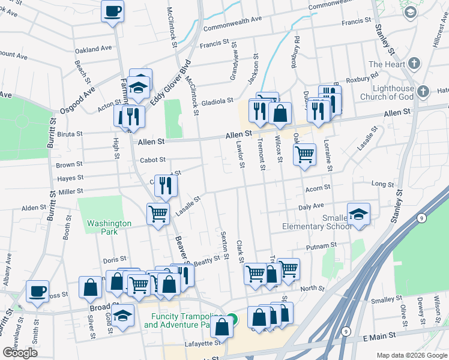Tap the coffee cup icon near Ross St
[37, 292]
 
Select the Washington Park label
[109, 227]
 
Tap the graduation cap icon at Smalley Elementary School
[358, 215]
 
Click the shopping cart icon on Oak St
[305, 154]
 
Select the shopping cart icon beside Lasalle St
[158, 213]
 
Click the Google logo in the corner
[20, 353]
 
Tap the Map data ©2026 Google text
[412, 355]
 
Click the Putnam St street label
[321, 246]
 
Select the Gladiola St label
[217, 102]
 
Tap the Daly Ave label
[311, 206]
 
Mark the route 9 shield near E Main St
[346, 331]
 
